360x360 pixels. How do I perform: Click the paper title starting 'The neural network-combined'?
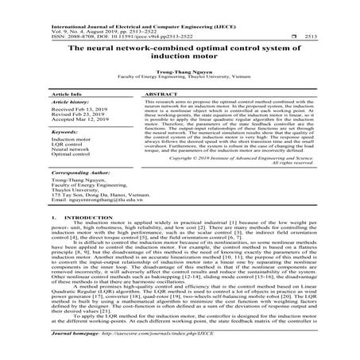tap(180, 53)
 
